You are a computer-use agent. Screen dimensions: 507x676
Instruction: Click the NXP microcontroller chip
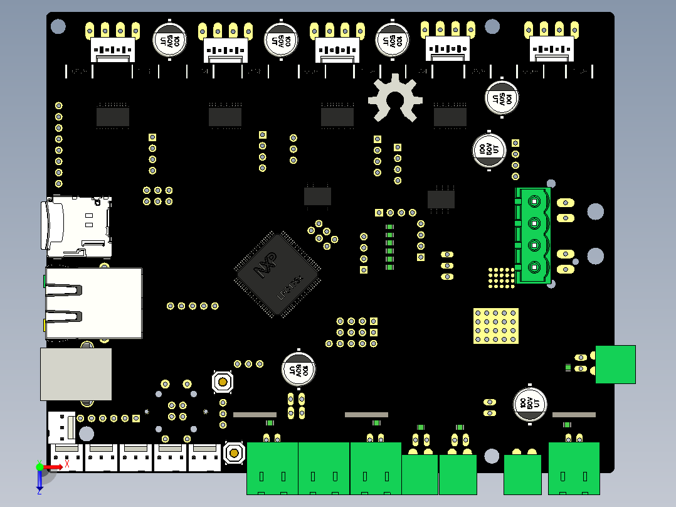tap(277, 274)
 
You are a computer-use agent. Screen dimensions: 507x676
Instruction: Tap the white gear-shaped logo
tap(394, 99)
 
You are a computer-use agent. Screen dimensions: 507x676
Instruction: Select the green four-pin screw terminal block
tap(533, 235)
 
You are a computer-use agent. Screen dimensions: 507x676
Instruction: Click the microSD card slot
tap(78, 227)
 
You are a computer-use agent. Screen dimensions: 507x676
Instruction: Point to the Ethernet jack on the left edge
tap(93, 302)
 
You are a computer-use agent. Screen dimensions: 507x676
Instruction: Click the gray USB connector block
tap(76, 374)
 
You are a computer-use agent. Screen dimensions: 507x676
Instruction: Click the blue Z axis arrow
tap(40, 480)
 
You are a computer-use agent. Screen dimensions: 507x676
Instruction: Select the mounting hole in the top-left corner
tap(58, 26)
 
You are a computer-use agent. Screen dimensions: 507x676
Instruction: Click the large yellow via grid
tap(496, 326)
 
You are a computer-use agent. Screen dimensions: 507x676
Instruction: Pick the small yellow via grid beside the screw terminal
tap(500, 278)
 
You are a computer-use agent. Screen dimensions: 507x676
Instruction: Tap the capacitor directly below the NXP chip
tap(298, 368)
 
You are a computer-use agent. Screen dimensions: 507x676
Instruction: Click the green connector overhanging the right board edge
tap(615, 364)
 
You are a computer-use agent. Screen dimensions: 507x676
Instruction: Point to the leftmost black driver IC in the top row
tap(113, 117)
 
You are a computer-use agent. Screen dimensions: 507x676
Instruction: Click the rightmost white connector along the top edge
tap(552, 43)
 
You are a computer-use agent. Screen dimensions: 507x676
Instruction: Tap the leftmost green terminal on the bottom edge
tap(272, 467)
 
